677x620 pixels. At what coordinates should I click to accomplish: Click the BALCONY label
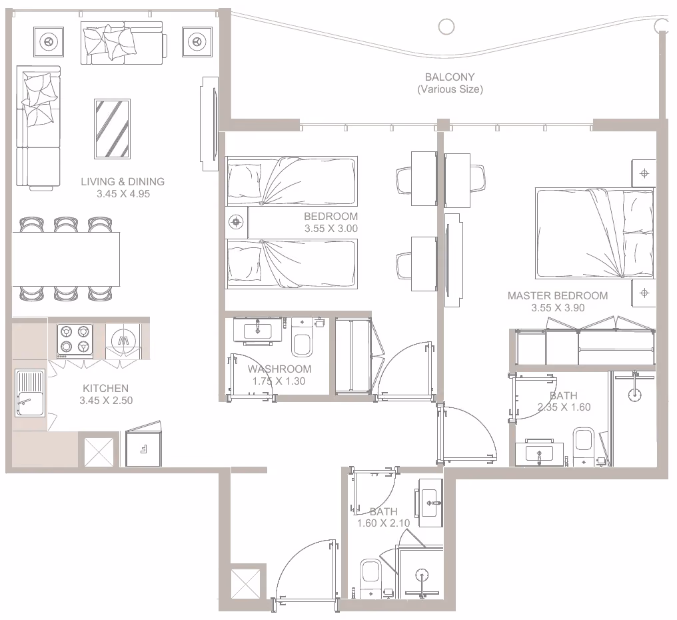point(450,77)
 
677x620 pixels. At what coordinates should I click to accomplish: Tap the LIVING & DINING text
point(123,181)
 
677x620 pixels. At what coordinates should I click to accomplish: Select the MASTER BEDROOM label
point(558,295)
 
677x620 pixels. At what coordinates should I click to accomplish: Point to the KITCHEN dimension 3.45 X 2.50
point(106,401)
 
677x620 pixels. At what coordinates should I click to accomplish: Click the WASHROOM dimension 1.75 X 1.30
point(279,381)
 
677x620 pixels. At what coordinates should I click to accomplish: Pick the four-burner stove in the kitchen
point(75,339)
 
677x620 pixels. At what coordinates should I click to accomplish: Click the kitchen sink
point(30,393)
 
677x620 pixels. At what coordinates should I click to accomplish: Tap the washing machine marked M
point(123,341)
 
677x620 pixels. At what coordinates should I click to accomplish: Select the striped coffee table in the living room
point(112,129)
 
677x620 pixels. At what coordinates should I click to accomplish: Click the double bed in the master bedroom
point(594,233)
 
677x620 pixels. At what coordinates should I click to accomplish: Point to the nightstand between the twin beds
point(236,222)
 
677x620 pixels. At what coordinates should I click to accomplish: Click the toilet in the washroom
point(302,337)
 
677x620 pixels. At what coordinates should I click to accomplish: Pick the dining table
point(65,259)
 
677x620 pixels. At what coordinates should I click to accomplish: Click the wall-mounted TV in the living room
point(209,123)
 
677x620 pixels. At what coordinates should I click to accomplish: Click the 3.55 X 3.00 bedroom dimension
point(331,229)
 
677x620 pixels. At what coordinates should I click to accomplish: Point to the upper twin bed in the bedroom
point(291,181)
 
